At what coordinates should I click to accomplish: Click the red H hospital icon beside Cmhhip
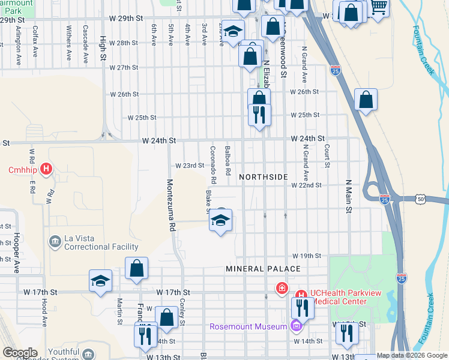(46, 170)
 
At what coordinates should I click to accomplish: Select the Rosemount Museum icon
(295, 326)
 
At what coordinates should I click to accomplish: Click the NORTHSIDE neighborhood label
(264, 177)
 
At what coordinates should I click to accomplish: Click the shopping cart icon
(378, 7)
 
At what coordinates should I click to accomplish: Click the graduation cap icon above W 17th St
(100, 280)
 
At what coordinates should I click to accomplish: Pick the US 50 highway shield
(421, 198)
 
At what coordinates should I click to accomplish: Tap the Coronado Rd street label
(212, 164)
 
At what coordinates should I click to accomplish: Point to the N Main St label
(348, 196)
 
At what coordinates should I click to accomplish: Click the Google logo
(20, 353)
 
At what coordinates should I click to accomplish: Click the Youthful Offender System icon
(88, 354)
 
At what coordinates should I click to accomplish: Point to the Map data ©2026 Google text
(412, 355)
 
